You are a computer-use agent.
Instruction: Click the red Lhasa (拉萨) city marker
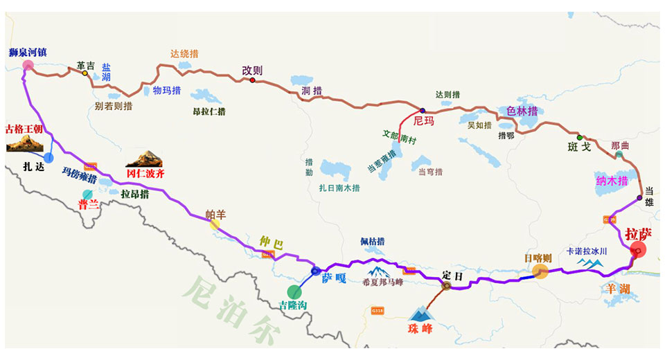point(638,250)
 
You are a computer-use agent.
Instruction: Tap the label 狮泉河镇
point(28,52)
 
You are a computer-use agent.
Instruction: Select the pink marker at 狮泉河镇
point(28,66)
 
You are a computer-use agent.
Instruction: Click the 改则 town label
point(252,70)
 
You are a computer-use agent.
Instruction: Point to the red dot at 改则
point(253,80)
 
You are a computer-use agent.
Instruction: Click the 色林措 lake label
point(522,111)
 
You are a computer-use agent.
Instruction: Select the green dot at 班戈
point(580,137)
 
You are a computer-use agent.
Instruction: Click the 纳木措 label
point(612,181)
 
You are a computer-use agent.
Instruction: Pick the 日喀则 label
point(538,258)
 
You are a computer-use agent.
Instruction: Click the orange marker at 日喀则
point(540,271)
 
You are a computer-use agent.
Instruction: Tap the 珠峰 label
point(420,329)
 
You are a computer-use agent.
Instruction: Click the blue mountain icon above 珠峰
point(420,313)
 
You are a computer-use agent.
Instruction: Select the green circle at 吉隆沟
point(294,291)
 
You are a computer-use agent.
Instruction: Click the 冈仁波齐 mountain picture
point(144,159)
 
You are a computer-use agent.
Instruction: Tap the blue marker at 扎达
point(48,158)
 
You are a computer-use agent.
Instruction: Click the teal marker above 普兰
point(87,194)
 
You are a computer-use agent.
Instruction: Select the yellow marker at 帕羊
point(215,224)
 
